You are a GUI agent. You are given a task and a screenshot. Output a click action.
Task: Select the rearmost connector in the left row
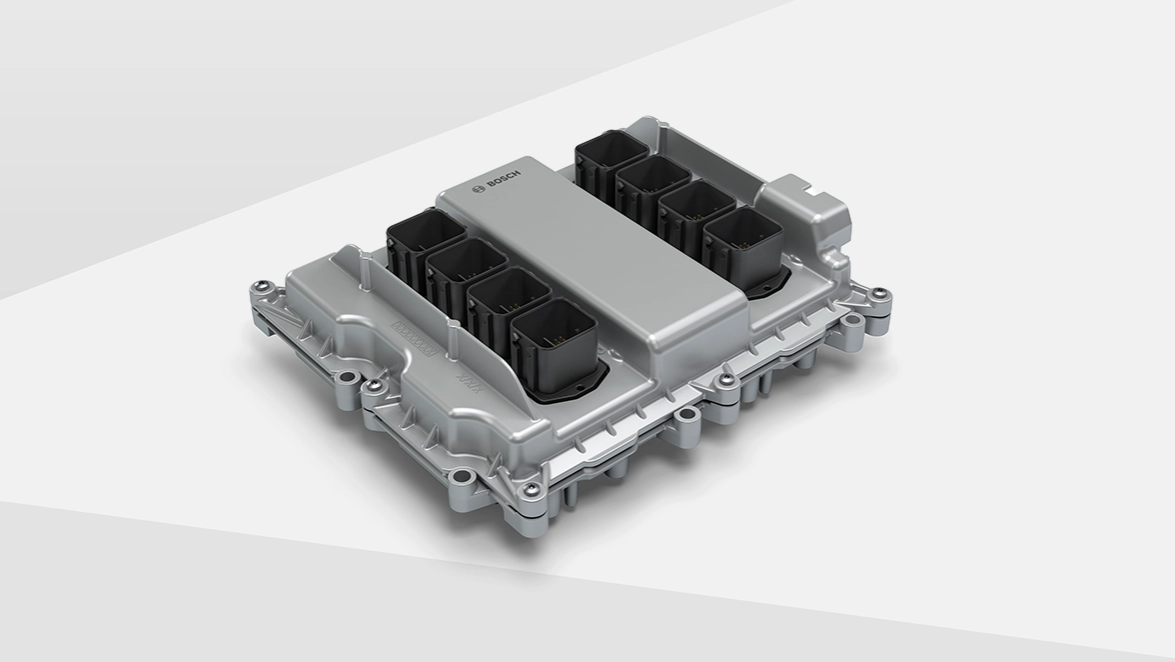pyautogui.click(x=425, y=241)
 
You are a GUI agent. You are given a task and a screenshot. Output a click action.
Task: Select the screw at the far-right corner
pyautogui.click(x=879, y=294)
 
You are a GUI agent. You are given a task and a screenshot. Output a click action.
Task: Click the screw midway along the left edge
pyautogui.click(x=374, y=385)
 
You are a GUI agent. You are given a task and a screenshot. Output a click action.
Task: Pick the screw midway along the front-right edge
pyautogui.click(x=726, y=381)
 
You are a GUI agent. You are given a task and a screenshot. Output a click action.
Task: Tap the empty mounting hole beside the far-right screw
pyautogui.click(x=856, y=319)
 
